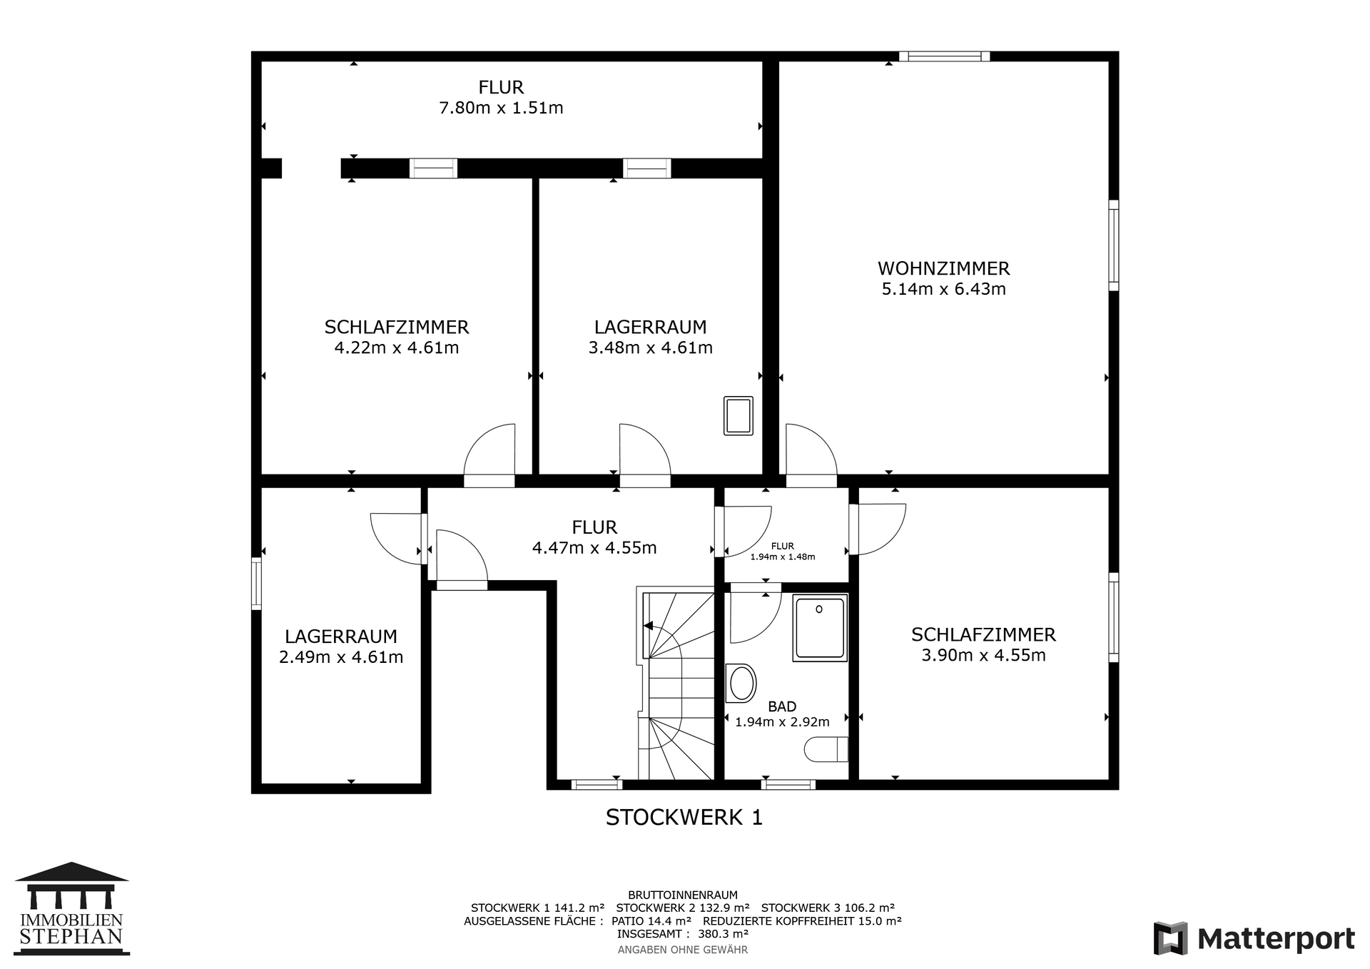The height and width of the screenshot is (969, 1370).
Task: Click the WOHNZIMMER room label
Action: [x=943, y=268]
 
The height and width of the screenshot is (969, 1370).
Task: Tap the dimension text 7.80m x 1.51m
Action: [x=501, y=108]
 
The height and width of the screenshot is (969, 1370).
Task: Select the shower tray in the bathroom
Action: [x=820, y=628]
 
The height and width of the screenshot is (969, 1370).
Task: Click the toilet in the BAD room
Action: [x=826, y=749]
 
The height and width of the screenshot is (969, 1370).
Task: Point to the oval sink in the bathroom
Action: [x=741, y=684]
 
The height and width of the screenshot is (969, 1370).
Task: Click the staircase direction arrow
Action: [x=648, y=626]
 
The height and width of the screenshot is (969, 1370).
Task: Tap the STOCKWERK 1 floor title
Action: [x=684, y=817]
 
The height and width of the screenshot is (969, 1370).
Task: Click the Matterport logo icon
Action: [x=1170, y=938]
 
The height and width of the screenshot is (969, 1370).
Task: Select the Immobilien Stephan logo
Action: [x=71, y=908]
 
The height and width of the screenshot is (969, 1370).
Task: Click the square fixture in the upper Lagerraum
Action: [x=739, y=416]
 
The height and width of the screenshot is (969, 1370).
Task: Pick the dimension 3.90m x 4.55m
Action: [x=983, y=655]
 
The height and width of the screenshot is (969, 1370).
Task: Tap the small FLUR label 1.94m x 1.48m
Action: [x=783, y=552]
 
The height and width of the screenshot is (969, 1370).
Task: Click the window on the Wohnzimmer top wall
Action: [x=944, y=56]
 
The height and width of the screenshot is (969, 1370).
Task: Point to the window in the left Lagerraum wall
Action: [x=257, y=583]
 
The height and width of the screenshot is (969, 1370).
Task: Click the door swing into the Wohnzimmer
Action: [x=811, y=449]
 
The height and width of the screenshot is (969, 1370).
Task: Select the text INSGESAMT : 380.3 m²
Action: [x=683, y=933]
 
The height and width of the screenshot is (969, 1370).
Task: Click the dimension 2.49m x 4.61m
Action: [x=341, y=657]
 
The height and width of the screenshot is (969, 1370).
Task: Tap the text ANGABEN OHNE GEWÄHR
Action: [x=683, y=950]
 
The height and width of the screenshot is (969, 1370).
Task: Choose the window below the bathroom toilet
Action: [x=788, y=784]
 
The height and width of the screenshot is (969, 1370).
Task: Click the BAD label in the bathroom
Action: [x=782, y=706]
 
